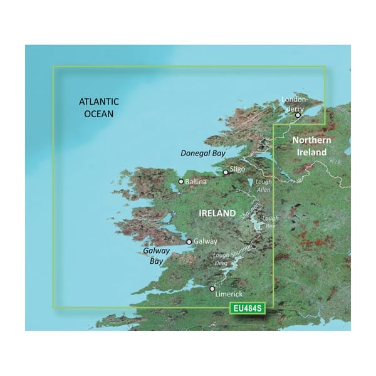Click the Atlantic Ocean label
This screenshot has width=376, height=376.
pyautogui.click(x=99, y=107)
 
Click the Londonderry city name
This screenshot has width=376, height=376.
pyautogui.click(x=296, y=103)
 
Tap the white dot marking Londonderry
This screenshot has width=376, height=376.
pyautogui.click(x=298, y=115)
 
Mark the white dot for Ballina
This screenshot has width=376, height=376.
pyautogui.click(x=181, y=182)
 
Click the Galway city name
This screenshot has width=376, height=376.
pyautogui.click(x=206, y=241)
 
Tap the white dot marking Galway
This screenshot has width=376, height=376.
pyautogui.click(x=189, y=241)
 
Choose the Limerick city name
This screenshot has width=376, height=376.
pyautogui.click(x=228, y=294)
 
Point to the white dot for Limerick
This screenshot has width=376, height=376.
pyautogui.click(x=211, y=289)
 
